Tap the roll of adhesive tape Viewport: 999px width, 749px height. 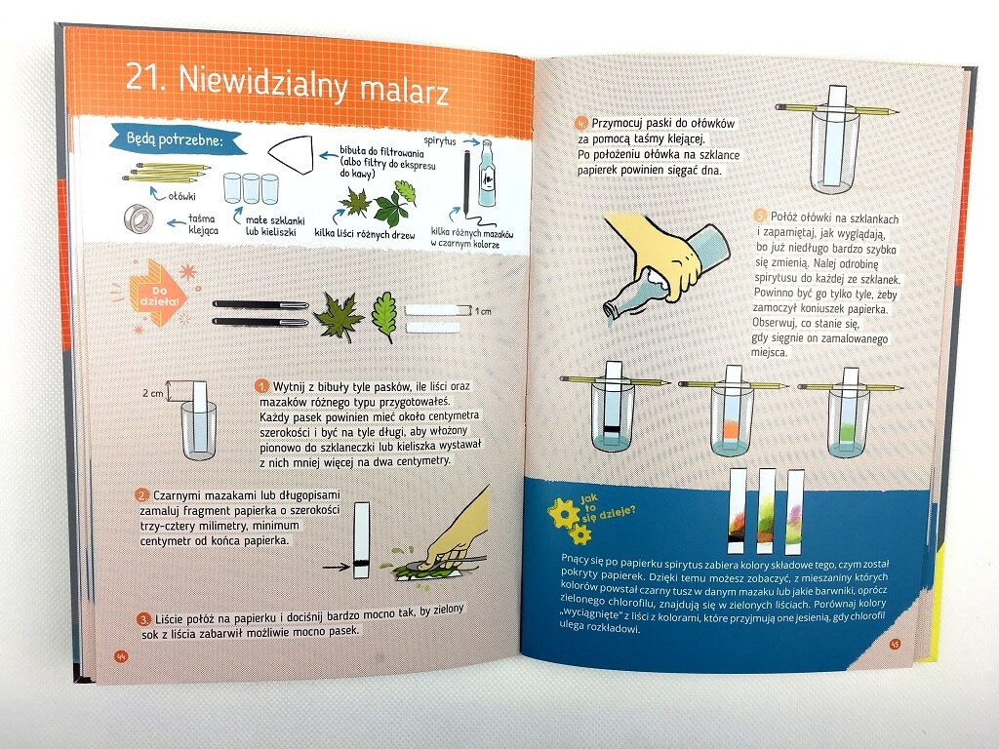pyautogui.click(x=139, y=218)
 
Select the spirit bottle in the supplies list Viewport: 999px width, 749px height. pyautogui.click(x=487, y=174)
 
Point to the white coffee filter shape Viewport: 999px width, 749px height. pyautogui.click(x=291, y=155)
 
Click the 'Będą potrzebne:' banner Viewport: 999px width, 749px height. pyautogui.click(x=178, y=140)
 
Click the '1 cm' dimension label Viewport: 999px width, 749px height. pyautogui.click(x=483, y=311)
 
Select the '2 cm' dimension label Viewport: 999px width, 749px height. pyautogui.click(x=153, y=394)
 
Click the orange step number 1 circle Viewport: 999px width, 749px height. pyautogui.click(x=261, y=386)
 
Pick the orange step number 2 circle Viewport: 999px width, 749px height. pyautogui.click(x=142, y=495)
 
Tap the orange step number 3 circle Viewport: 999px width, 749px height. pyautogui.click(x=144, y=619)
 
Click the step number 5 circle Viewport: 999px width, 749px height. pyautogui.click(x=759, y=216)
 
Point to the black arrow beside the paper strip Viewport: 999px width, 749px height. pyautogui.click(x=336, y=567)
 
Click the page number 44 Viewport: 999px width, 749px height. pyautogui.click(x=121, y=656)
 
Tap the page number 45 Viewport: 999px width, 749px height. pyautogui.click(x=895, y=644)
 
